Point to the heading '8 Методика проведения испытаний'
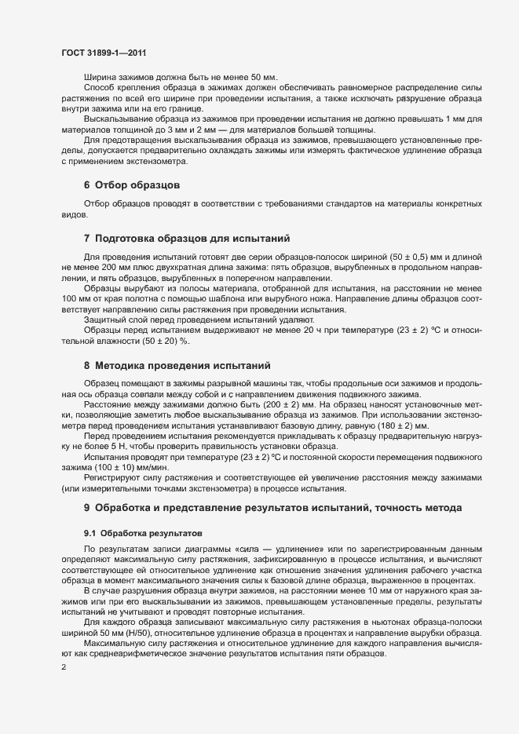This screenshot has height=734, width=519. coord(177,365)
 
